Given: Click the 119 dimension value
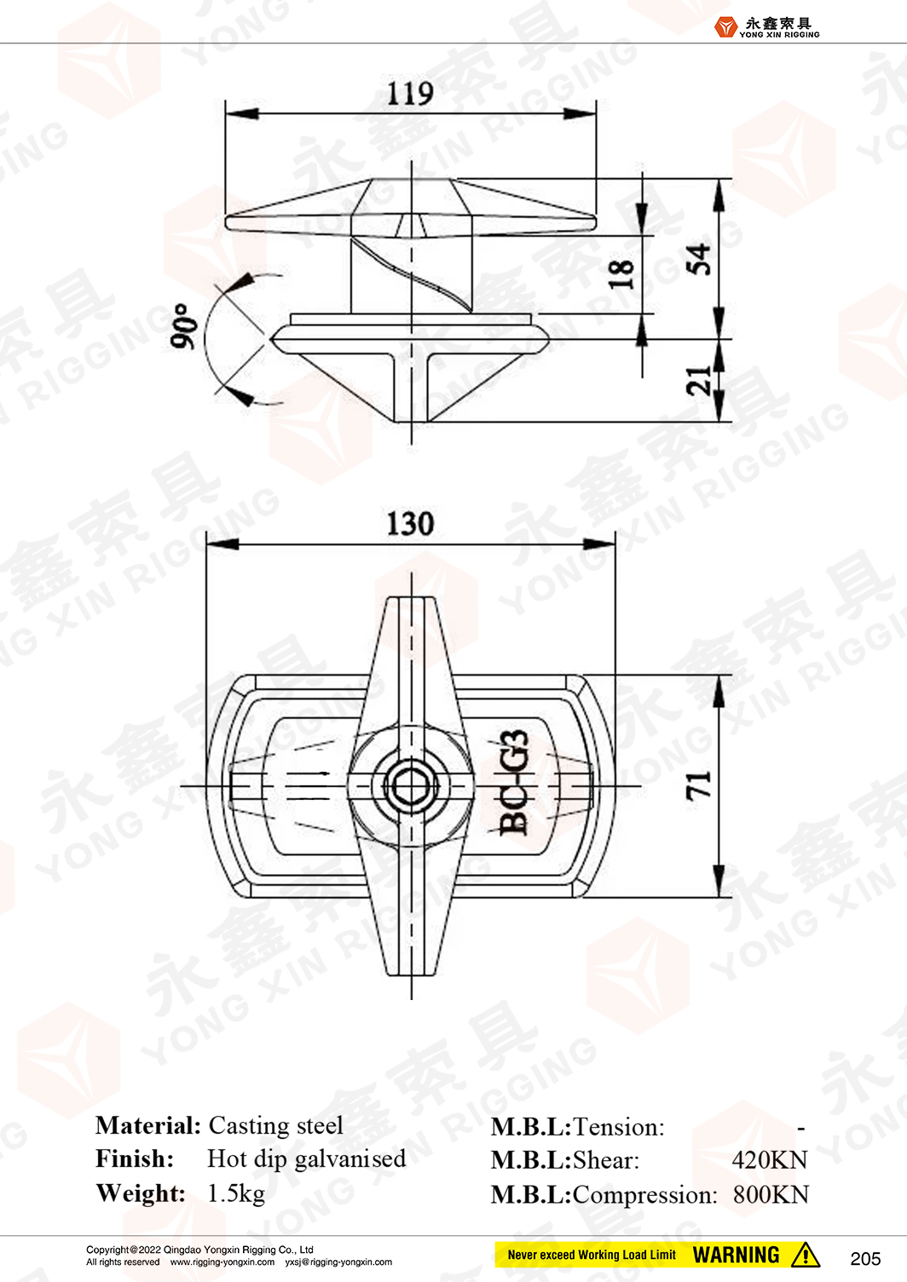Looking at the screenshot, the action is [410, 94].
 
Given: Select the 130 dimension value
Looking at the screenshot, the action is [411, 524].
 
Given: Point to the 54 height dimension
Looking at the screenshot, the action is [698, 259].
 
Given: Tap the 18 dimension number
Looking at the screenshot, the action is [621, 274].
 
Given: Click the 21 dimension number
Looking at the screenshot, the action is [698, 381].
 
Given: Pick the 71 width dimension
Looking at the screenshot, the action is [698, 785].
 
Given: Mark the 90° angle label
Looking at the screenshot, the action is [182, 325].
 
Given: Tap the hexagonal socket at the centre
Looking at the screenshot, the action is [411, 786].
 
